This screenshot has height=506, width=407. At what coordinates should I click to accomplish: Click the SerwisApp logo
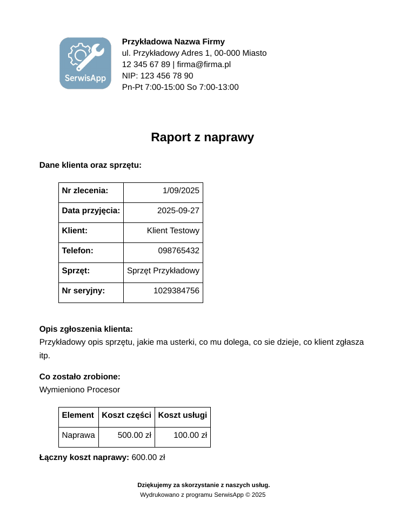(x=85, y=63)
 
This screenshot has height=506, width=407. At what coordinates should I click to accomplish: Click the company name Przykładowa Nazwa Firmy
(x=173, y=42)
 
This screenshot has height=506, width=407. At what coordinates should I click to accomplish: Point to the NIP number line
(x=157, y=76)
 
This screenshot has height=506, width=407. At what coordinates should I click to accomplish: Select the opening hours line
(x=180, y=87)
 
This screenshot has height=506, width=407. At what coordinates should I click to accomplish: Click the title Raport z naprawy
(x=202, y=137)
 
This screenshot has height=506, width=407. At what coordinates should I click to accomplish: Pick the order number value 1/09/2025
(x=181, y=190)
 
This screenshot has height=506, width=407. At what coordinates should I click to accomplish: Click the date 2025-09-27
(x=178, y=211)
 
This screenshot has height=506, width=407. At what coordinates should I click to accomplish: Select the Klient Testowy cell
(x=173, y=231)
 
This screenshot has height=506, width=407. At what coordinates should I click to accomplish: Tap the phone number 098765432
(x=178, y=251)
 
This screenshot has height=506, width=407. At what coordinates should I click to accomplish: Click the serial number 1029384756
(x=176, y=291)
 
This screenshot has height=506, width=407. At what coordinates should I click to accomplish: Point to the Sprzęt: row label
(x=76, y=271)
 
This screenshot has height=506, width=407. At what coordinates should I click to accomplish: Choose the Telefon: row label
(x=77, y=251)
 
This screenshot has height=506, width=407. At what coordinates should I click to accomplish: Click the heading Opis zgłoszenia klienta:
(x=86, y=329)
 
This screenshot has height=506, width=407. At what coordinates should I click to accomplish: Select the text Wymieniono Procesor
(x=79, y=390)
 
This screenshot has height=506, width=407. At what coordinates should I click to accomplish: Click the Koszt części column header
(x=126, y=415)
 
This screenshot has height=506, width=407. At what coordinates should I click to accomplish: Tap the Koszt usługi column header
(x=183, y=415)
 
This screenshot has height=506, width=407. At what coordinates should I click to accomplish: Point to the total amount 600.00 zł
(x=148, y=457)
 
